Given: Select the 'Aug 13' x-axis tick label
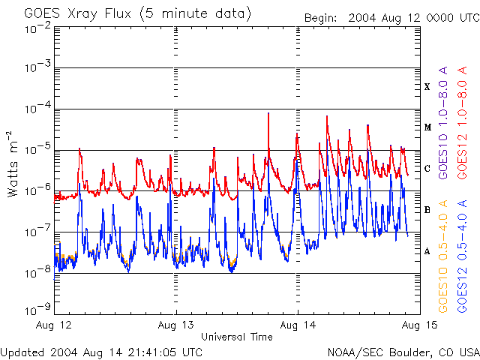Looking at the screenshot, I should click(x=177, y=325).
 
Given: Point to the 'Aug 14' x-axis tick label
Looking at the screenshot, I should click(x=298, y=325).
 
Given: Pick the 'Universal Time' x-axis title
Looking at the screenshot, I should click(x=236, y=337).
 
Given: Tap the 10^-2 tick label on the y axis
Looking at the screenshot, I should click(x=37, y=28).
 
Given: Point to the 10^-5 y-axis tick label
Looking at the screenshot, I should click(x=37, y=151).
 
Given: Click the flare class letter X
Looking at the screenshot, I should click(x=427, y=87).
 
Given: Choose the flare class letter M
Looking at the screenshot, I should click(x=427, y=127).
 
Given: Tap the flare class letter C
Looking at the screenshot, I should click(x=427, y=169).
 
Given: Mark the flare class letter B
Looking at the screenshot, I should click(x=427, y=210).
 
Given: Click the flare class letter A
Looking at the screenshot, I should click(x=427, y=251).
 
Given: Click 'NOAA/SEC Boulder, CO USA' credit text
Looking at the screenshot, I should click(x=403, y=352).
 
